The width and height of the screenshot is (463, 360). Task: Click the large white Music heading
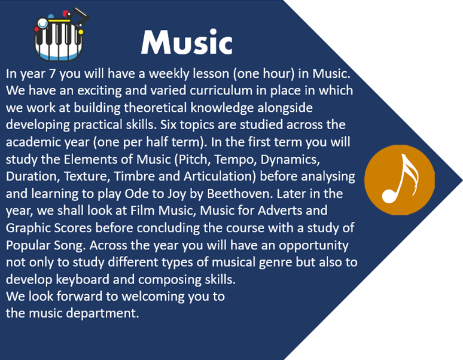187,42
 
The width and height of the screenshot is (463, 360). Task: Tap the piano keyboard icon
60,35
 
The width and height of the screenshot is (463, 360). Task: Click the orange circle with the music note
400,180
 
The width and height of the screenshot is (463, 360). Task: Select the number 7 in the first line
53,73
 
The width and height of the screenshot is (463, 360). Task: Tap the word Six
168,124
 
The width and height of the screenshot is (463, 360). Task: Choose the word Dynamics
290,160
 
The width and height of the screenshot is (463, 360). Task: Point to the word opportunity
313,246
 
